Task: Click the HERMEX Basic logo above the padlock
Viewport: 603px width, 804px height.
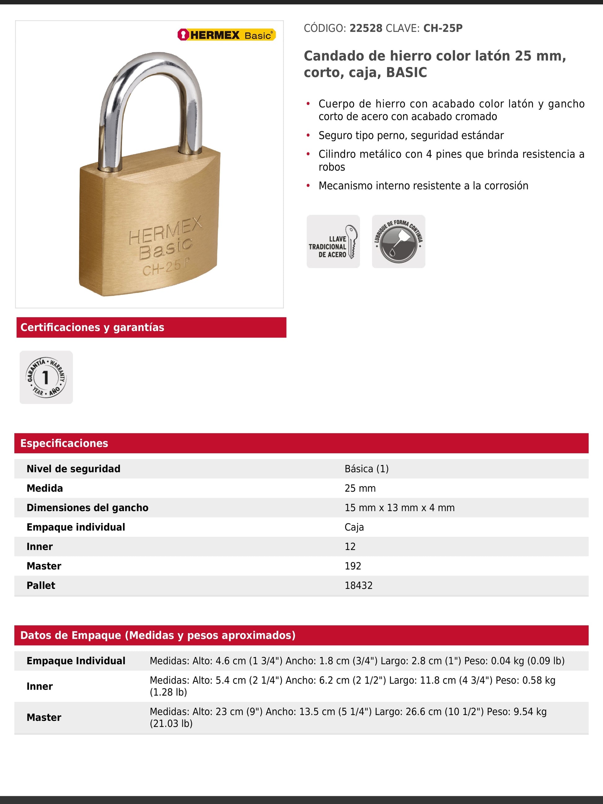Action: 227,35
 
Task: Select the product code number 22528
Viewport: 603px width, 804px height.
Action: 366,29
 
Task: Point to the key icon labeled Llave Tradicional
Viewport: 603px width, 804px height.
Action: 333,241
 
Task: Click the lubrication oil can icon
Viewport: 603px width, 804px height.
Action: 398,241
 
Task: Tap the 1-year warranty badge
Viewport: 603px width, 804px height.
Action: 46,377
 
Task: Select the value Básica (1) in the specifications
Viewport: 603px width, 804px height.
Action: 366,469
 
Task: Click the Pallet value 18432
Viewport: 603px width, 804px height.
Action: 359,586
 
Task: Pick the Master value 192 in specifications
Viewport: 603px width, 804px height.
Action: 353,566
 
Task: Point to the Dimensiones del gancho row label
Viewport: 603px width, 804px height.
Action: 87,508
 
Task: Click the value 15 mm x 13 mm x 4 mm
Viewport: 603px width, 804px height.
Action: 399,508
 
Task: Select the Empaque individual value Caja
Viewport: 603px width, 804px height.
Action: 354,527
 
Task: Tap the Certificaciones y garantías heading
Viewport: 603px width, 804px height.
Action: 92,327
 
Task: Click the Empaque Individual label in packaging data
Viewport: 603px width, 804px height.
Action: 76,661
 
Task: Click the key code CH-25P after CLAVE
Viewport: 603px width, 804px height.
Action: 443,29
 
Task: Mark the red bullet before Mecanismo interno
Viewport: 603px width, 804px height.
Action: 308,186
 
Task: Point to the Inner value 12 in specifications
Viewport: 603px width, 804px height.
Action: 350,547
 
